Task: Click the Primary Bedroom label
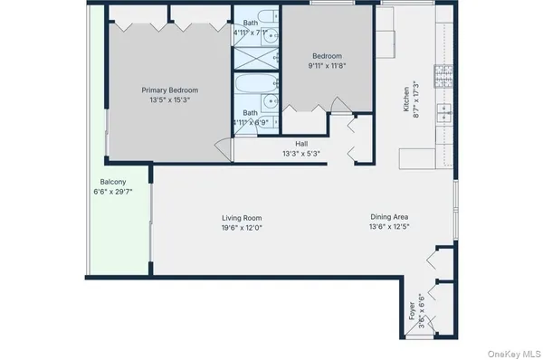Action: point(169,90)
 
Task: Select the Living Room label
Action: point(242,218)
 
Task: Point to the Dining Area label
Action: point(389,217)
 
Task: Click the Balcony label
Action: point(113,182)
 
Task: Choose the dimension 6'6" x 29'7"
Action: point(113,192)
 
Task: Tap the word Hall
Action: point(301,144)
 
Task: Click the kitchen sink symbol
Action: point(443,112)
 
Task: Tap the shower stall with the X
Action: point(247,56)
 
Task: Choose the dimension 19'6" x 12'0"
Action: point(242,228)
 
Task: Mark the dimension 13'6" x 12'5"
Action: point(389,227)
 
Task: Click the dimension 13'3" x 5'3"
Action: point(301,154)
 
